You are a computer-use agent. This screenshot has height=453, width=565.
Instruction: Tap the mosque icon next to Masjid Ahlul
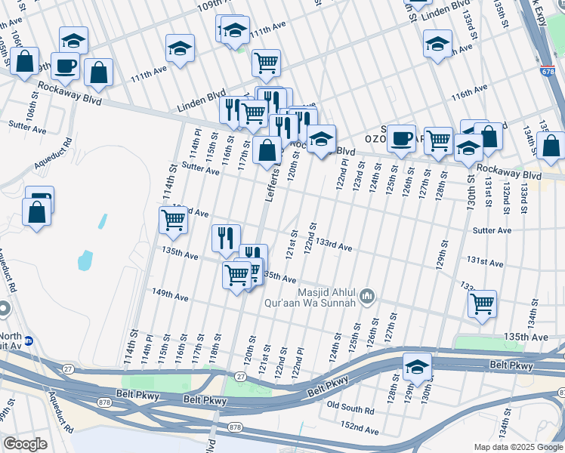pos(368,295)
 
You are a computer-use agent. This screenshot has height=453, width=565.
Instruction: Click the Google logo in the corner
pos(25,444)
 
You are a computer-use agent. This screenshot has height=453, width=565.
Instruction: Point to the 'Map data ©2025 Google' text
pos(517,447)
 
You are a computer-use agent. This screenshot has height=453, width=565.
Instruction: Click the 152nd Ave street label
pos(359,429)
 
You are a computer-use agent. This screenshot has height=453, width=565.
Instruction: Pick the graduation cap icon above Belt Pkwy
pos(415,367)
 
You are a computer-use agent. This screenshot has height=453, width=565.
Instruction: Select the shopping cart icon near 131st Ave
pos(482,304)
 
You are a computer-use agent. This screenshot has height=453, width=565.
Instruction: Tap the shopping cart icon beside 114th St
pos(173,220)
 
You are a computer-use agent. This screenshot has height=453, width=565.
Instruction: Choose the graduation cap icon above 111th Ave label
pos(180,48)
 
